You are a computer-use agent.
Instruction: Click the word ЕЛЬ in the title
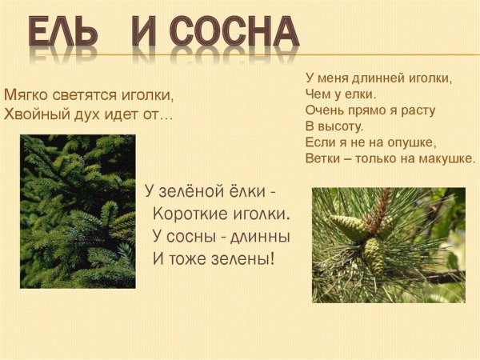pos(64,32)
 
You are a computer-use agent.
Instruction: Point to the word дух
pos(84,114)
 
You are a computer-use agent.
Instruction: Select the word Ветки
pos(323,158)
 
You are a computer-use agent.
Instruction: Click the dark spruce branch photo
pos(78,211)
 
